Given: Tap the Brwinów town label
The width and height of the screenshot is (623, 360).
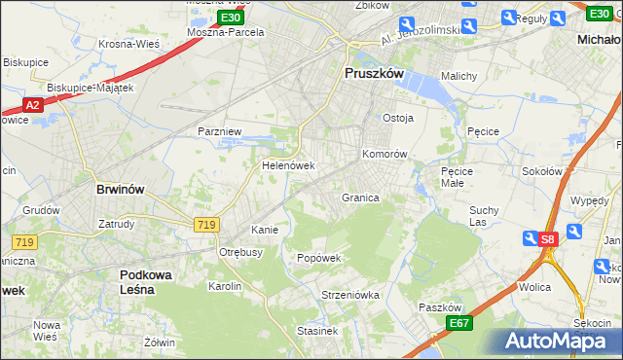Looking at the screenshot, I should click(121, 190).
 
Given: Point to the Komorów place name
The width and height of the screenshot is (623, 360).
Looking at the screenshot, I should click(384, 154).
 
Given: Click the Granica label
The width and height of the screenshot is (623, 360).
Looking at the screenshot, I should click(359, 198).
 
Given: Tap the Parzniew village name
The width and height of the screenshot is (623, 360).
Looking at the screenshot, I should click(219, 130).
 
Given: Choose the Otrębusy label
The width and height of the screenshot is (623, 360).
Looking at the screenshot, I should click(240, 251).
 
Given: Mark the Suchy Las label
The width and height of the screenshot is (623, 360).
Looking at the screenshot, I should click(484, 215).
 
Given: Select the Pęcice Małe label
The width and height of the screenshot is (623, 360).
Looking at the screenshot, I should click(456, 177).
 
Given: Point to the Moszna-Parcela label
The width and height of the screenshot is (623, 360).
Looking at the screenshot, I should click(226, 32).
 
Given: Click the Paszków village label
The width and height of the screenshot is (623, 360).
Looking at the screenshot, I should click(439, 306).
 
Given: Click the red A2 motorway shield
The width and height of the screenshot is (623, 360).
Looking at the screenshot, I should click(31, 104).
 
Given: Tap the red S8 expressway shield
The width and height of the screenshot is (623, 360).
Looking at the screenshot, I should click(548, 238).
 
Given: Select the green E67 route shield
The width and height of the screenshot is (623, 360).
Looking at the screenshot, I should click(459, 323).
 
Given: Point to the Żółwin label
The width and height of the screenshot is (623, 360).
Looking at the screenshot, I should click(159, 342).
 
